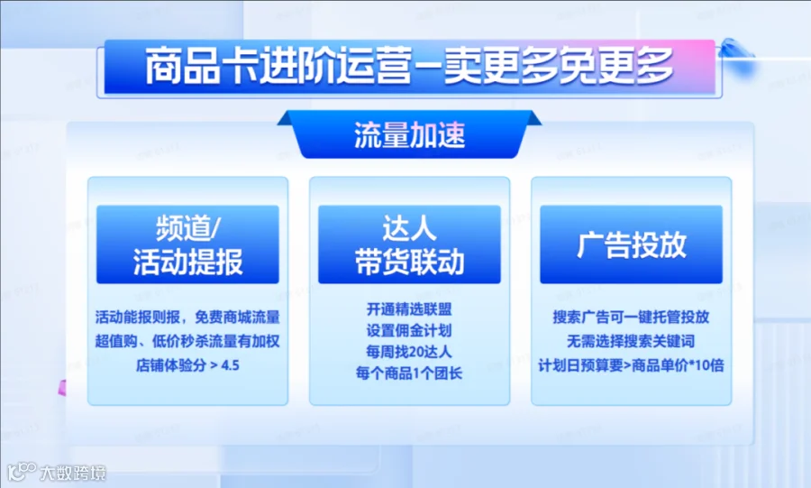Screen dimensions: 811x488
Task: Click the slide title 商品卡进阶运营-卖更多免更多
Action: pyautogui.click(x=409, y=66)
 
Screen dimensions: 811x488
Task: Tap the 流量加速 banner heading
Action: pyautogui.click(x=410, y=135)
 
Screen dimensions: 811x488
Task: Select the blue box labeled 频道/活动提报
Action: pyautogui.click(x=187, y=244)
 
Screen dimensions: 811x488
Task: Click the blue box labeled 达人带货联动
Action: pyautogui.click(x=409, y=244)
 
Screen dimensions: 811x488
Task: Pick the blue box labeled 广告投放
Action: pyautogui.click(x=631, y=244)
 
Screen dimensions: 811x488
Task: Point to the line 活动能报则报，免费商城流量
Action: pyautogui.click(x=187, y=317)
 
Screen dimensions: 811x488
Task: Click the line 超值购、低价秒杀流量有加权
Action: pyautogui.click(x=187, y=341)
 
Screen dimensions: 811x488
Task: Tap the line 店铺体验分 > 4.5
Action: pyautogui.click(x=187, y=365)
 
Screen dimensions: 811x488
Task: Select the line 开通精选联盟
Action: pyautogui.click(x=409, y=308)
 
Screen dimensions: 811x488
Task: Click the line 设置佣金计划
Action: pyautogui.click(x=409, y=330)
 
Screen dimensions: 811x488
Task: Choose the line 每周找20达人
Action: pyautogui.click(x=409, y=352)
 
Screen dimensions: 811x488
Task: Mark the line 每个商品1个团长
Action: pyautogui.click(x=409, y=373)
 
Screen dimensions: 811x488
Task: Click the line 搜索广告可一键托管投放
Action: pyautogui.click(x=631, y=317)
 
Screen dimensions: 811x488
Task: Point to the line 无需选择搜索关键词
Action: pyautogui.click(x=631, y=341)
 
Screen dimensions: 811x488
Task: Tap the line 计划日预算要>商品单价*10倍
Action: pyautogui.click(x=631, y=365)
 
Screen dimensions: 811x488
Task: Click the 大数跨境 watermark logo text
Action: pyautogui.click(x=73, y=473)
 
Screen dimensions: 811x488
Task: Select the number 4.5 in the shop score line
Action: pyautogui.click(x=230, y=365)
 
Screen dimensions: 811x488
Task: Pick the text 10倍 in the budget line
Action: pyautogui.click(x=709, y=365)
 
